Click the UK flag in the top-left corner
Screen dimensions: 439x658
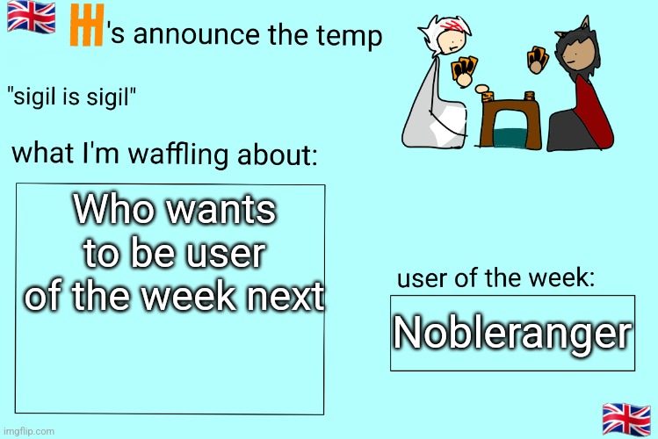[31, 18]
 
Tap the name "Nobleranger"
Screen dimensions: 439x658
[512, 333]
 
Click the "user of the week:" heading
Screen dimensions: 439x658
[498, 278]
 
